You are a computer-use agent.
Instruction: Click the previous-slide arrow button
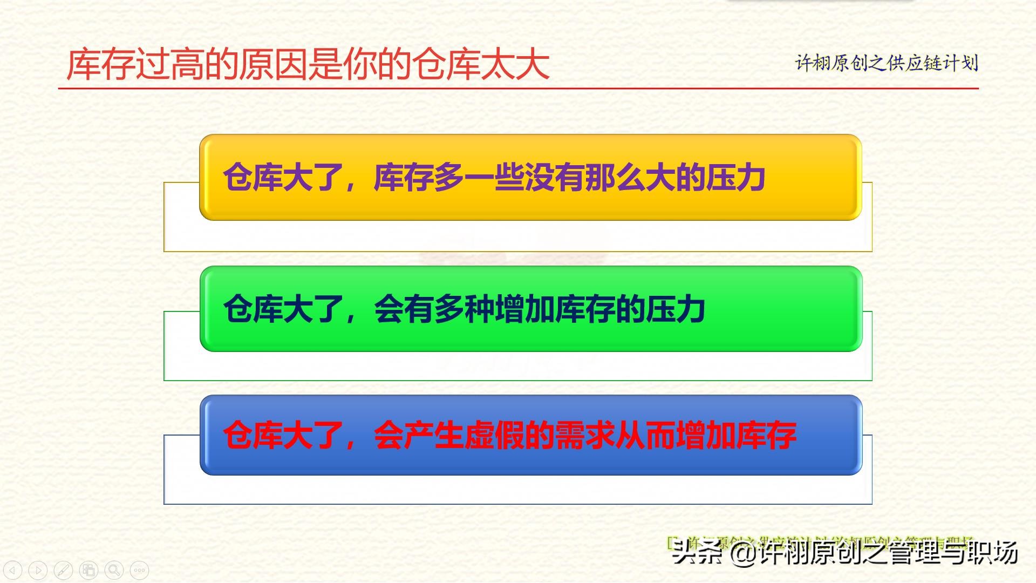12,570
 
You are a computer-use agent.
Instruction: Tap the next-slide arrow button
38,570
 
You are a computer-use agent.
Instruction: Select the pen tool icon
63,570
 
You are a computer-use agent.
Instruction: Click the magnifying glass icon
114,570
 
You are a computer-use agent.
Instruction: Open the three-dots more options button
139,570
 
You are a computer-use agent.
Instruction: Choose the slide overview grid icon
88,570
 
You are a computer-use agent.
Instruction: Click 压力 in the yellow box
735,177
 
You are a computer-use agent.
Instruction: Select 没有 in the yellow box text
554,177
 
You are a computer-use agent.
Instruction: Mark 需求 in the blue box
585,435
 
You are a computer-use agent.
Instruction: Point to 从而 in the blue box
645,435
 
